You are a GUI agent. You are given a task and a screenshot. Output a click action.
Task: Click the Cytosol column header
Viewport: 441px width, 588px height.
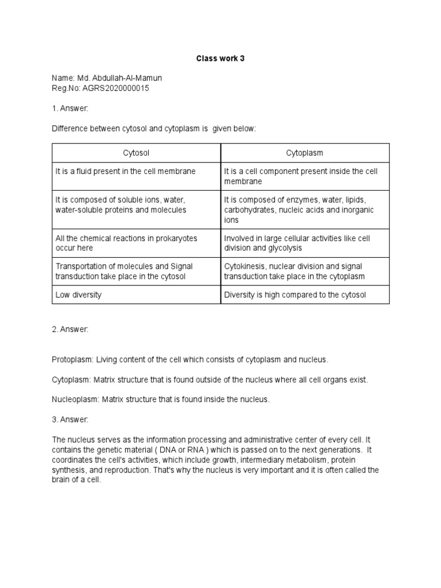[137, 153]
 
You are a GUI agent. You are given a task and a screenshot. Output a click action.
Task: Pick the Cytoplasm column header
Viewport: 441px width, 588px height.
[305, 153]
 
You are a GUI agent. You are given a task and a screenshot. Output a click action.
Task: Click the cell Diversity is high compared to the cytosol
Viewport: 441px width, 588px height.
[295, 295]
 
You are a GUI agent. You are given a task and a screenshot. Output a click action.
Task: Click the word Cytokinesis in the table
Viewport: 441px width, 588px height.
[244, 266]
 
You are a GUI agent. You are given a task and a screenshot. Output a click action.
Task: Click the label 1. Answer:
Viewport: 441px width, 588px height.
[70, 109]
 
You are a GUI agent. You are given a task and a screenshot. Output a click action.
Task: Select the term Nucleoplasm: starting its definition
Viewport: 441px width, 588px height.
[75, 399]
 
